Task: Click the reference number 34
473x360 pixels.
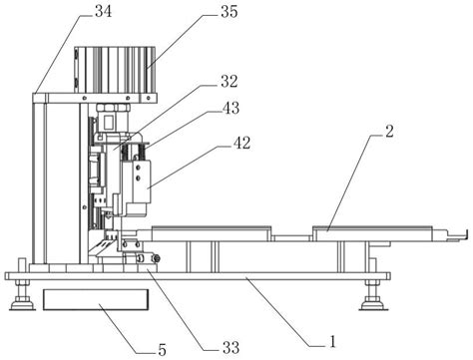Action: [104, 11]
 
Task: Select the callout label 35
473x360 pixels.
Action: [230, 11]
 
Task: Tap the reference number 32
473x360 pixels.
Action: [230, 82]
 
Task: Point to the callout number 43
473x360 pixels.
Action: [231, 108]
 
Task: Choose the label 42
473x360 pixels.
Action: [241, 143]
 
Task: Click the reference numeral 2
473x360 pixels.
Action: [389, 132]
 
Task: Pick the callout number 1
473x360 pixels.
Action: [332, 342]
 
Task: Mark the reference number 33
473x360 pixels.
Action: [231, 348]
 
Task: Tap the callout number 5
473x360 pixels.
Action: [162, 350]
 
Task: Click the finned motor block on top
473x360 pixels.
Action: [115, 70]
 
